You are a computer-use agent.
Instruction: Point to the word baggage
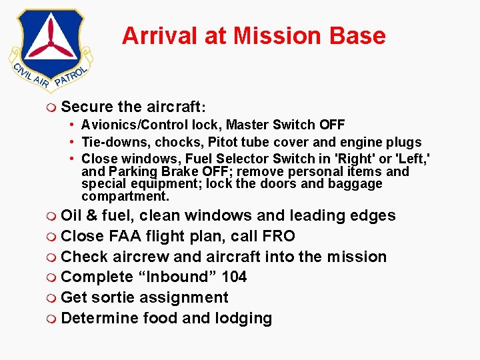click(x=357, y=184)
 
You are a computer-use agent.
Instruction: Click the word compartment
click(x=125, y=197)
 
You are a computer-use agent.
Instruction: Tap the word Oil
click(x=71, y=215)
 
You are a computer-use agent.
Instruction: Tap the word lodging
click(x=243, y=319)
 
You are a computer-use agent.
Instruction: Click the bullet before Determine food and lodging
click(x=52, y=319)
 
